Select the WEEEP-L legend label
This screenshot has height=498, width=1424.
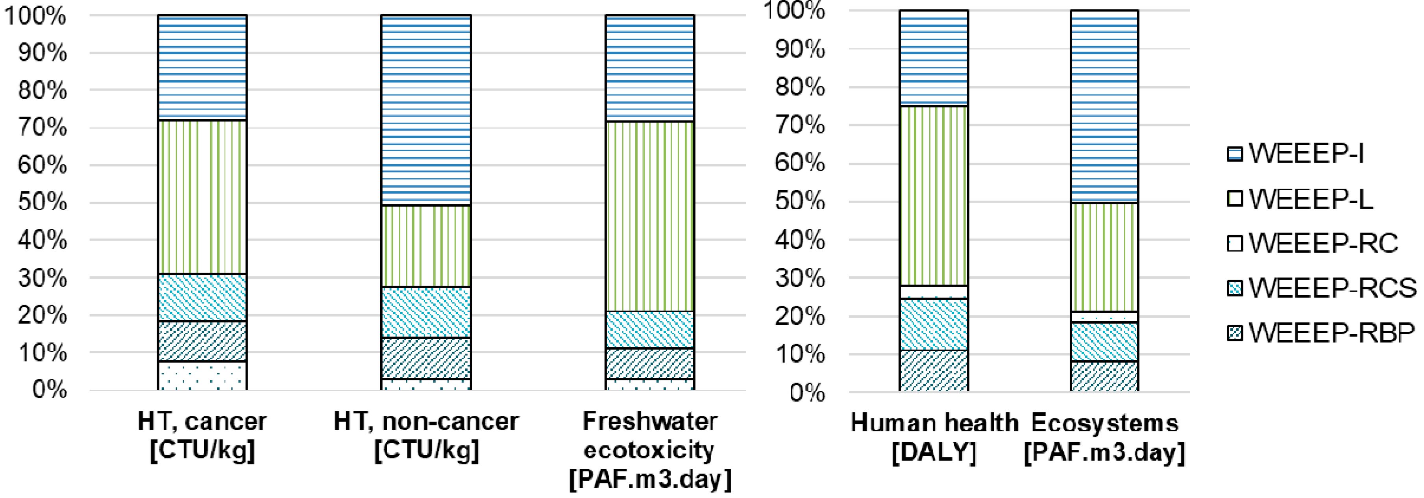1310,198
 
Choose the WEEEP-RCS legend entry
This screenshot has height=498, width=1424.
1321,288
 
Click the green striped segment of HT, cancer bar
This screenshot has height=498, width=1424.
202,197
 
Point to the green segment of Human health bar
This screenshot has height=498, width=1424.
934,196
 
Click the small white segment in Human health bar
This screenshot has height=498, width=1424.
934,292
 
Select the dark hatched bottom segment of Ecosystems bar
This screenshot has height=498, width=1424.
1104,376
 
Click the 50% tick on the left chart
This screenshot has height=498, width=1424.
42,202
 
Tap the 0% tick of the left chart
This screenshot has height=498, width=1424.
50,390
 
